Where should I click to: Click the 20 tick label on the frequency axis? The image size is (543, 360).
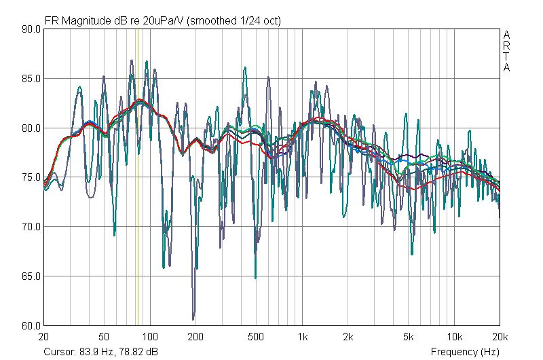tap(44, 337)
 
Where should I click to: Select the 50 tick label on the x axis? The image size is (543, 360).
tap(104, 337)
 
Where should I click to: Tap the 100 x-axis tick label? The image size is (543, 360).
tap(150, 337)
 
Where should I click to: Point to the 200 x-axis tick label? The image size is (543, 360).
tap(195, 337)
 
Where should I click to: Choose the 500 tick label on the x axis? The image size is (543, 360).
tap(256, 337)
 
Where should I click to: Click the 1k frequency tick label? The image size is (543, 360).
tap(303, 337)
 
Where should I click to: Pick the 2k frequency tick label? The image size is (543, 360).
tap(348, 337)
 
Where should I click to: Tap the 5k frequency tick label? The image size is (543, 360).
tap(409, 337)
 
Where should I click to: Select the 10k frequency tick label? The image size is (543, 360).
tap(454, 337)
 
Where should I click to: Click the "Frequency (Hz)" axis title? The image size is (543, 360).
tap(465, 352)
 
